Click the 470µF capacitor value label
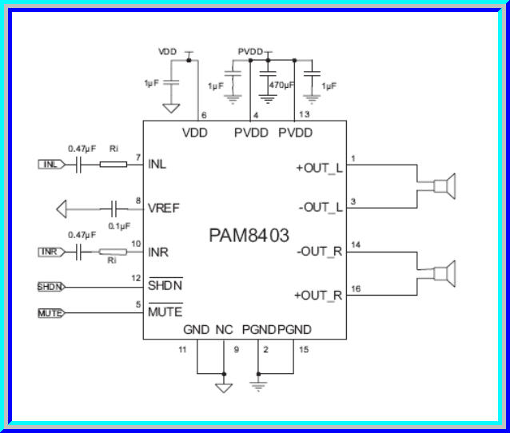(x=281, y=85)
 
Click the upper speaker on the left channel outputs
(x=441, y=186)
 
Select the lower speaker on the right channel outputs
(x=441, y=274)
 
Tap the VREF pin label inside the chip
(x=164, y=209)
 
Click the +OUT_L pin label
(x=319, y=169)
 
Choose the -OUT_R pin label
(x=319, y=252)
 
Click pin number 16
(x=356, y=288)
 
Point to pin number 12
(x=137, y=278)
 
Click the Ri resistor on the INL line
(x=112, y=165)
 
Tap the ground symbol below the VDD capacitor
(x=170, y=108)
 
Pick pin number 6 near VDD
(x=204, y=115)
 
